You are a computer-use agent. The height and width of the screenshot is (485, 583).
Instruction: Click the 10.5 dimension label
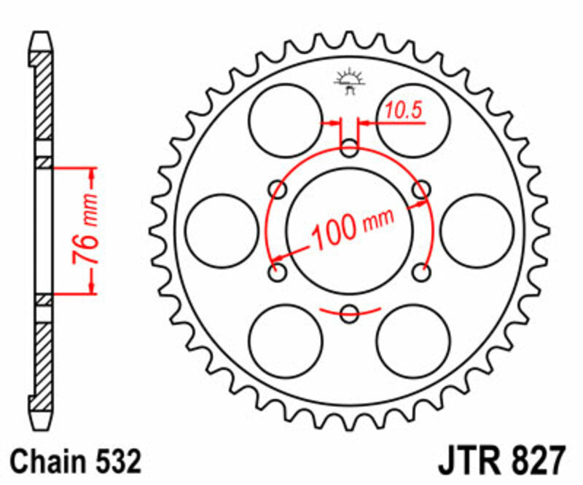coord(403,111)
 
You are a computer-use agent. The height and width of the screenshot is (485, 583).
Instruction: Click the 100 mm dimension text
coord(353,229)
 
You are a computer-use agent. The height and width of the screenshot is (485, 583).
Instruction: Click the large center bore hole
coord(350,231)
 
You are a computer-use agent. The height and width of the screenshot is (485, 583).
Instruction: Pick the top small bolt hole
coord(350,150)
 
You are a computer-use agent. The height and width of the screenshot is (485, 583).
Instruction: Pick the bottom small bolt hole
coord(350,314)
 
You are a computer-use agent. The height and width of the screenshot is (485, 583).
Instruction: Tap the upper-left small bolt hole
coord(278,190)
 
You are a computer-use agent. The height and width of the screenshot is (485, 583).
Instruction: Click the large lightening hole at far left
coord(222,231)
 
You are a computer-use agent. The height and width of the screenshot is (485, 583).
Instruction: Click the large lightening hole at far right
coord(477,231)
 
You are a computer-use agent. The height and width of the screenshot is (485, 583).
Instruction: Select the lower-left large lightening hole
coord(285,342)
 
